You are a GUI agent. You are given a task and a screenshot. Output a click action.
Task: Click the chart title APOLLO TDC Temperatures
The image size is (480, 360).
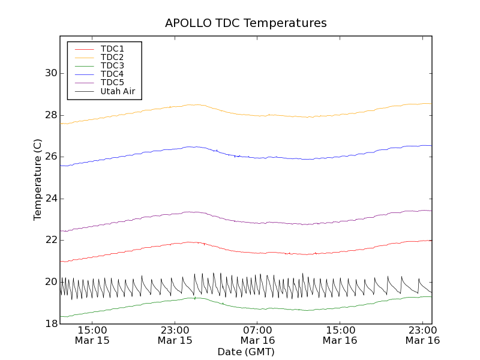(x=246, y=23)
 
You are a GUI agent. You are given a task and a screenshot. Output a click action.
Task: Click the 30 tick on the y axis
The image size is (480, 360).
(x=51, y=73)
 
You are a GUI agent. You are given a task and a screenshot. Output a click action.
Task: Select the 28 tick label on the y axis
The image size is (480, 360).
(x=51, y=115)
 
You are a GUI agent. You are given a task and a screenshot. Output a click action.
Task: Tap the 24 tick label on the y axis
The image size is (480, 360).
(x=51, y=199)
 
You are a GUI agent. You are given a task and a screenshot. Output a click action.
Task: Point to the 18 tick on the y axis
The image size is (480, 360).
(x=51, y=324)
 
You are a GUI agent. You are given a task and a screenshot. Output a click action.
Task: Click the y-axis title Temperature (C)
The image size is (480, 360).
(x=38, y=180)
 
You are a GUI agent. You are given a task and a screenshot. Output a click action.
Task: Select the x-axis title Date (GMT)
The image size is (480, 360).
(x=246, y=352)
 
